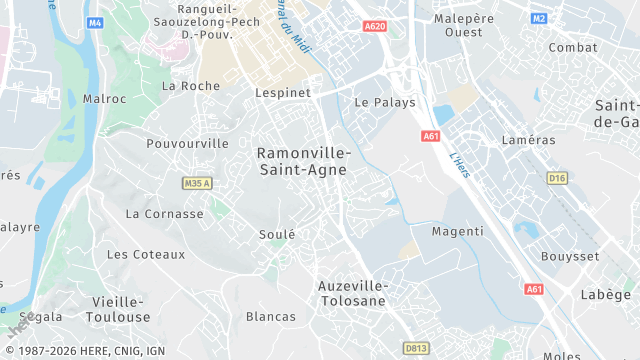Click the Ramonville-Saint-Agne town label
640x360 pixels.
tap(304, 161)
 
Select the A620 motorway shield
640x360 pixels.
tap(375, 26)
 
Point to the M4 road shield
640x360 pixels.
tap(95, 21)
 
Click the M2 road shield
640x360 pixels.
tap(539, 18)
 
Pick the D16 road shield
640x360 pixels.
tap(557, 178)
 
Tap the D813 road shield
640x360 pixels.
tap(416, 348)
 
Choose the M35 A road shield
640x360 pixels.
tap(198, 184)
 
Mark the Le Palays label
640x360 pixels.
tap(385, 102)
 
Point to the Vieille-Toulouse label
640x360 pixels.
tap(121, 309)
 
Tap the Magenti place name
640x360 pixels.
tap(457, 231)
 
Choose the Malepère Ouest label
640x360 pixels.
tap(464, 25)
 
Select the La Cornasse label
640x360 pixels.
tap(164, 214)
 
